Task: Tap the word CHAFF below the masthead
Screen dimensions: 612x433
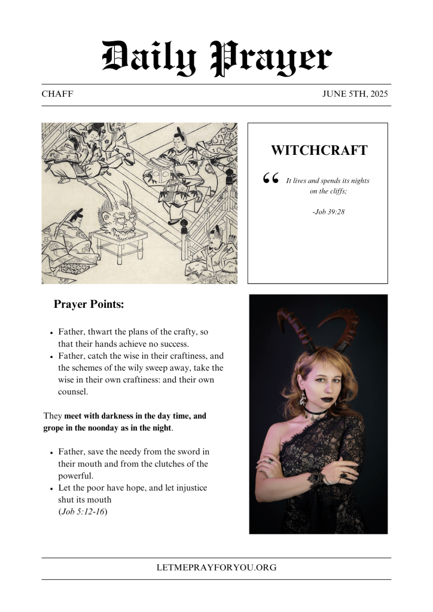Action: point(57,94)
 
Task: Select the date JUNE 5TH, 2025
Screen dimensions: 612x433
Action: point(356,94)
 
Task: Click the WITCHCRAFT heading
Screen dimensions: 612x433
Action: point(319,151)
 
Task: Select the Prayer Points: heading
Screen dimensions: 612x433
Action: point(89,304)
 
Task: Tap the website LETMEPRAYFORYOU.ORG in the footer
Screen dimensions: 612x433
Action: point(216,568)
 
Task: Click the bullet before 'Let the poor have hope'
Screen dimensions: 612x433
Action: point(51,489)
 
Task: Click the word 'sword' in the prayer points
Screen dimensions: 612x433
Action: point(187,452)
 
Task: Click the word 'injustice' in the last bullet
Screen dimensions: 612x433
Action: point(190,488)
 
